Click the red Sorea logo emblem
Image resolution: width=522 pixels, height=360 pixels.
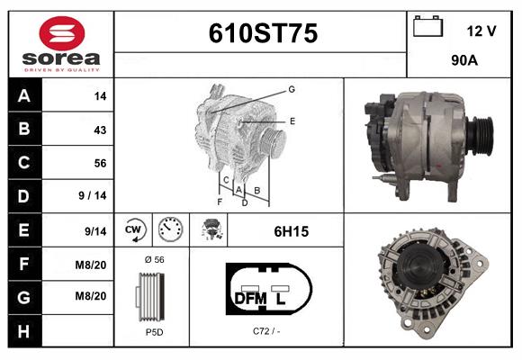(x=61, y=33)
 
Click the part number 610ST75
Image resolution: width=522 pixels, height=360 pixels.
(x=263, y=33)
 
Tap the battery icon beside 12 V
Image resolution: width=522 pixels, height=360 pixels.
(x=427, y=26)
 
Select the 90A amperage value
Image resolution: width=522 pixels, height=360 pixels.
(x=464, y=60)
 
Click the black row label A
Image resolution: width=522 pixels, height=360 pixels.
(x=24, y=96)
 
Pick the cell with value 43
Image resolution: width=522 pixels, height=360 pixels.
(x=77, y=130)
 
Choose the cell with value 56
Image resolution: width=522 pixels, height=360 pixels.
(x=77, y=163)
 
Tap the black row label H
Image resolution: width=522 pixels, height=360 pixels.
(x=23, y=331)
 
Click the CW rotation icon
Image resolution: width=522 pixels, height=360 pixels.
(x=134, y=229)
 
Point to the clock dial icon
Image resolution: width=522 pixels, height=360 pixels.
(x=170, y=229)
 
